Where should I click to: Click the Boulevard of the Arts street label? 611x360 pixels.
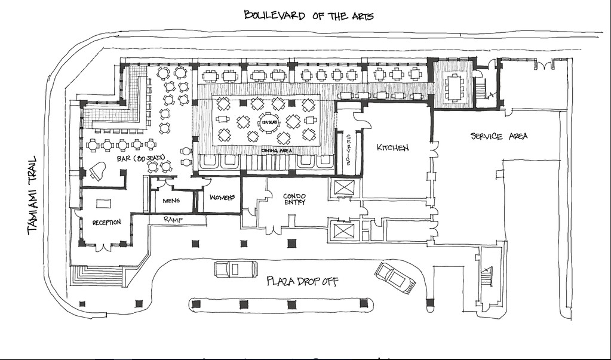309,16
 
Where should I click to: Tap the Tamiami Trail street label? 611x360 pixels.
32,195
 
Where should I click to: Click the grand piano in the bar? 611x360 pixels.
97,171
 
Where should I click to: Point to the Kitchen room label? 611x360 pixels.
392,147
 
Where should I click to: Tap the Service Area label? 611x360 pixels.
499,136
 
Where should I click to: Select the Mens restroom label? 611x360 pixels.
171,201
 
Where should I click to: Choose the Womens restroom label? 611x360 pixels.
222,198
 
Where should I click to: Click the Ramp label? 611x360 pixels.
173,220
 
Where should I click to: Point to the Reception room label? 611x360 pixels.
106,222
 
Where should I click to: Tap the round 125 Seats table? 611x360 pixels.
268,122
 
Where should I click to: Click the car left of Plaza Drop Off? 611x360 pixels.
236,269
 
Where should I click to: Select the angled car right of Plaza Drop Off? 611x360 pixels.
395,278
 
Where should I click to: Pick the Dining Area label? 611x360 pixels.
276,151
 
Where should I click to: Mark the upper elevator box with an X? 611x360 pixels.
344,187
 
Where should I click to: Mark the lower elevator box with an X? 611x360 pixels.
344,230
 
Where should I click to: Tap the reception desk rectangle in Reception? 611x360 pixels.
103,204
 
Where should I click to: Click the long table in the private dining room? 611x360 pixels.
454,87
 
